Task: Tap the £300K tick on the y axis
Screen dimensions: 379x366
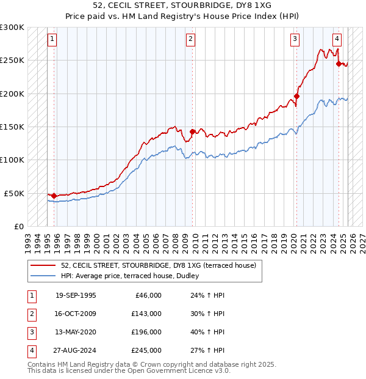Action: click(12, 28)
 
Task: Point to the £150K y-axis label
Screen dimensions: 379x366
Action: click(12, 127)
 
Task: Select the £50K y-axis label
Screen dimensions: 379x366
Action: click(14, 193)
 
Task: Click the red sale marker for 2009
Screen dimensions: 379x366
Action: click(193, 131)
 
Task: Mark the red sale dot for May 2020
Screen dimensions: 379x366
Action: click(297, 96)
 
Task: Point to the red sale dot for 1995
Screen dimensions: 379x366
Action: click(54, 196)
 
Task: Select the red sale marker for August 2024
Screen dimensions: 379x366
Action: click(339, 63)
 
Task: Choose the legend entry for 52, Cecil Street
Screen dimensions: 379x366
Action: click(162, 265)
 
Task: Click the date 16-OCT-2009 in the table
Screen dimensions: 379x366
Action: click(76, 314)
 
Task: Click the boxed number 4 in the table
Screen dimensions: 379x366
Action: click(30, 350)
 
